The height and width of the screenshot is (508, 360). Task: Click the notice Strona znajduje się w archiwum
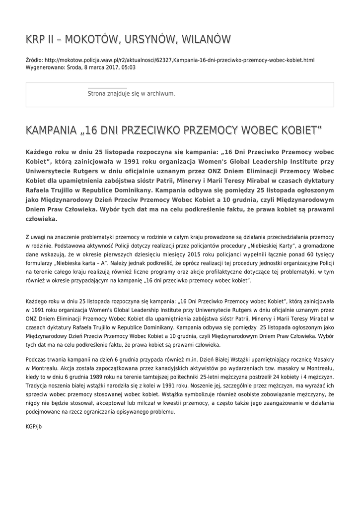[x=131, y=93]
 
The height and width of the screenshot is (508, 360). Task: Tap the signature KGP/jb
[x=34, y=426]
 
